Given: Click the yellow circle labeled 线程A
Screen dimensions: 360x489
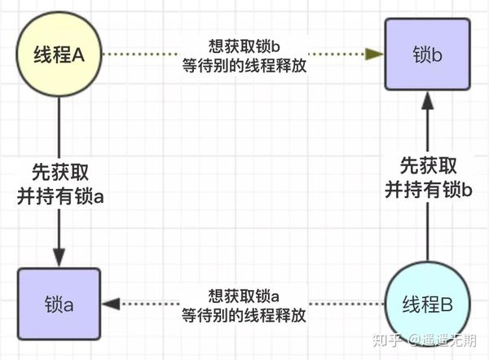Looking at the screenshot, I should (59, 55).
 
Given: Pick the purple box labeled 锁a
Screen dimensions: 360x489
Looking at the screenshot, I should (59, 304).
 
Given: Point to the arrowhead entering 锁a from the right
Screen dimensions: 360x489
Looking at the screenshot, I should (110, 304).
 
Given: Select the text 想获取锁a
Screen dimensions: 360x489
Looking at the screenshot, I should (244, 296).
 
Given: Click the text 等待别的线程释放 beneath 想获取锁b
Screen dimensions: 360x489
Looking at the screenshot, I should (245, 66).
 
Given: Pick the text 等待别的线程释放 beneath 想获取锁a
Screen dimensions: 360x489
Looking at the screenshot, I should (244, 314).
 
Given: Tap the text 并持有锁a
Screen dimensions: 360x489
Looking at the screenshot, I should (59, 194).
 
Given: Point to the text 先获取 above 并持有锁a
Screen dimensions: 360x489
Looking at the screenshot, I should (59, 173).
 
